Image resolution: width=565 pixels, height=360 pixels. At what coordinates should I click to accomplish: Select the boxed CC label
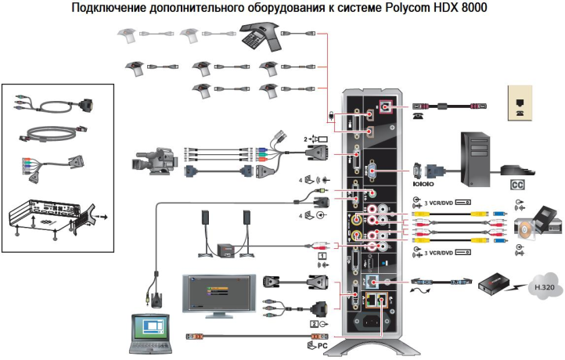[516, 185]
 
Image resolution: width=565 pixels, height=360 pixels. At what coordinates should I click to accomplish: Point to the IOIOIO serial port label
[423, 188]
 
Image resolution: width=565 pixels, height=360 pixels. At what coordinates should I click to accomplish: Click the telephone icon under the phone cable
[416, 114]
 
